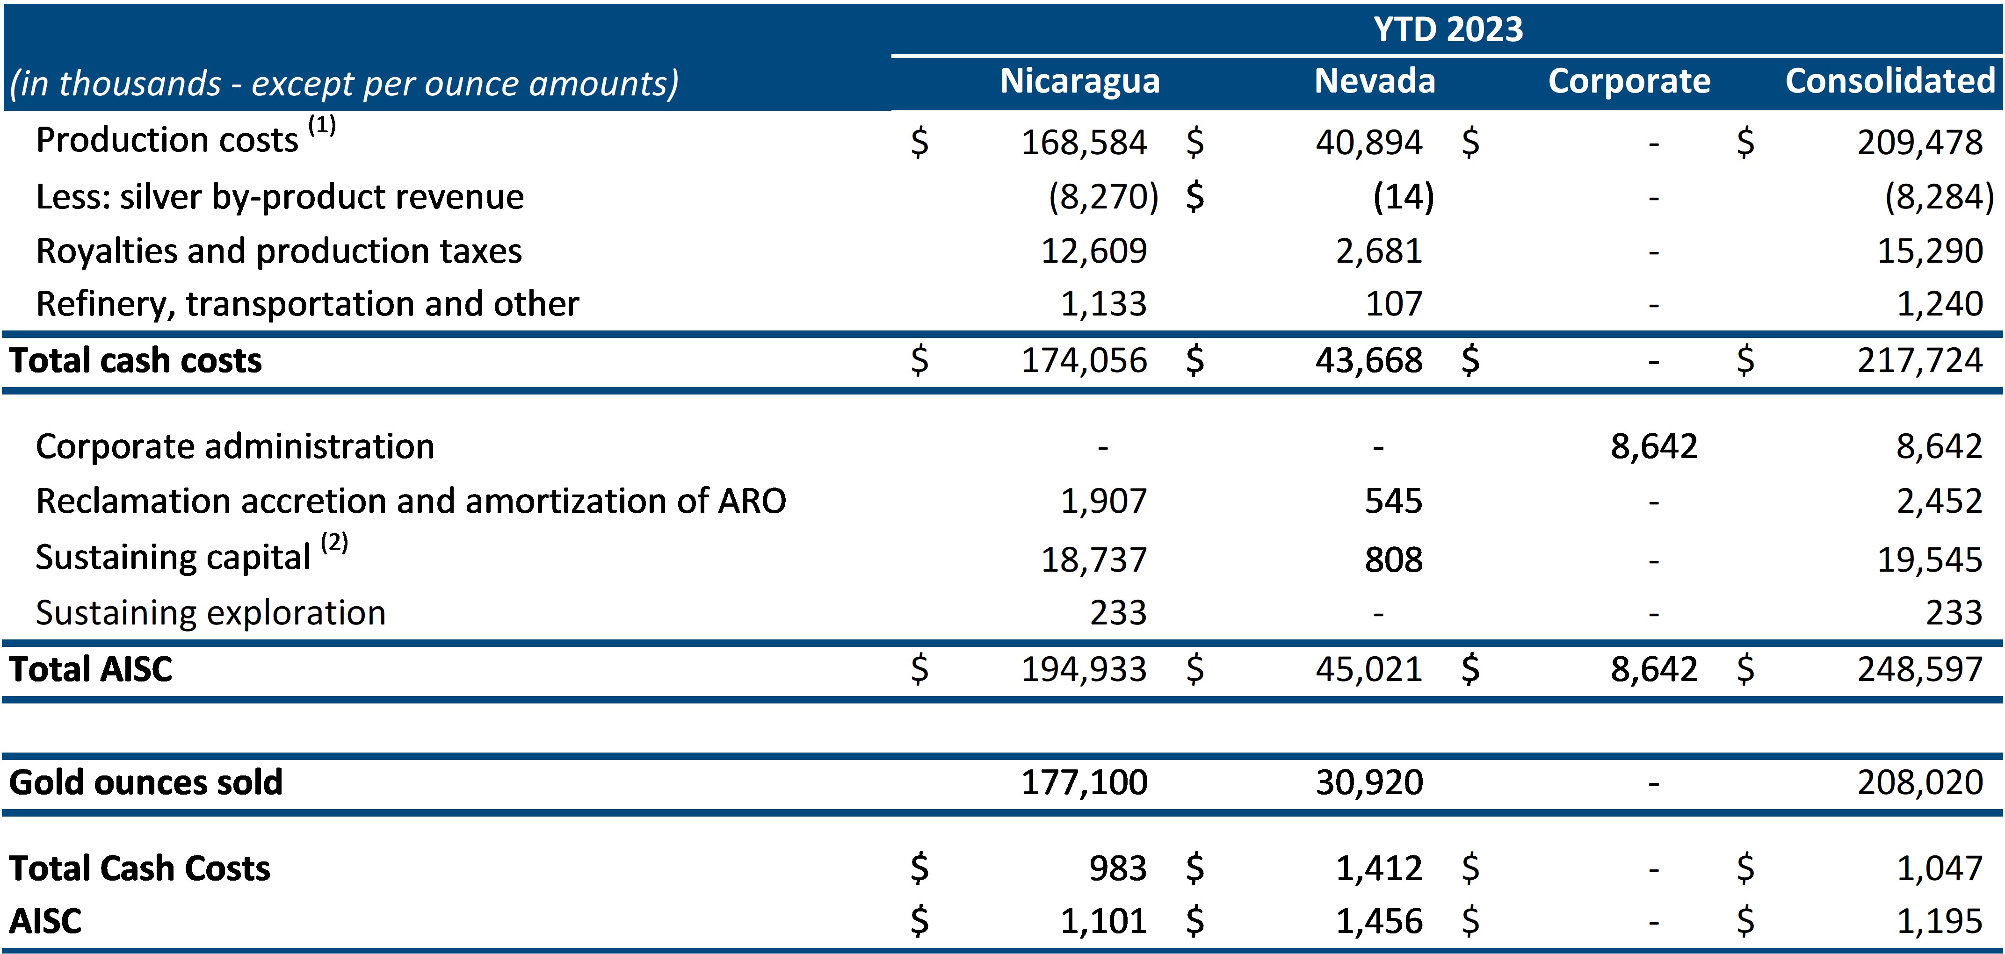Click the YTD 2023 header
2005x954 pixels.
[x=1447, y=29]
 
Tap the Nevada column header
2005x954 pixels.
[x=1375, y=81]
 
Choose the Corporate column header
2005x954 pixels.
[x=1629, y=81]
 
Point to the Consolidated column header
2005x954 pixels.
[x=1890, y=81]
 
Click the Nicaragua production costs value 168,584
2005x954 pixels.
[x=1084, y=143]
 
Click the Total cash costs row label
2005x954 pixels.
[x=136, y=361]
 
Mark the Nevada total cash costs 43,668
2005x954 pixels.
[x=1368, y=361]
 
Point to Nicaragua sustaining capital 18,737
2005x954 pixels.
[x=1093, y=559]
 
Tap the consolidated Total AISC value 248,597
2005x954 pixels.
[x=1919, y=669]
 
